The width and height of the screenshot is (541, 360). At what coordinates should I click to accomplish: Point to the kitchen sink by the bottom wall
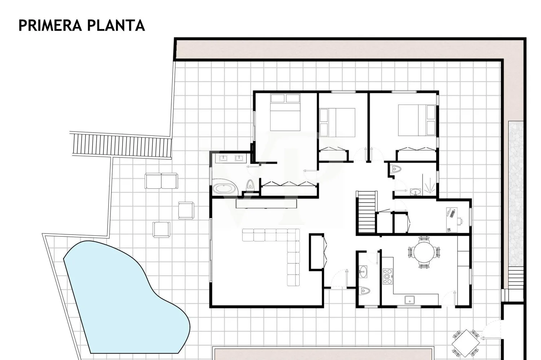click(409, 299)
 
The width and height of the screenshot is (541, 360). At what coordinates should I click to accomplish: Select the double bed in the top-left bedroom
click(285, 112)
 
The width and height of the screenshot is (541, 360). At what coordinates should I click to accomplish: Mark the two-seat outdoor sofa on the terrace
click(161, 181)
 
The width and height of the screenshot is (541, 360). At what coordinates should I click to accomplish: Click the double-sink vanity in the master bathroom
click(231, 158)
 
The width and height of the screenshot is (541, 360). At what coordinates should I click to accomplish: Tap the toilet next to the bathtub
click(250, 186)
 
